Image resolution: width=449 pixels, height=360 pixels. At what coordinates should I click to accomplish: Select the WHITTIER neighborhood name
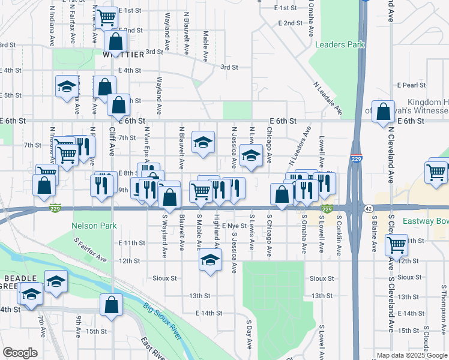pos(123,55)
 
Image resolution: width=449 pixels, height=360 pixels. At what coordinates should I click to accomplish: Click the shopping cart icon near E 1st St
pos(107,18)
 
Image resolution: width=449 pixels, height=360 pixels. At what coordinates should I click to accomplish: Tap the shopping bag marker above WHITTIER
pos(116,42)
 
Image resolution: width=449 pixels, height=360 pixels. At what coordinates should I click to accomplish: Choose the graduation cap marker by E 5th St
pos(67,86)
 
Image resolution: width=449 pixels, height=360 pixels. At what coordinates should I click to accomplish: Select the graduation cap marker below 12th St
pos(210,261)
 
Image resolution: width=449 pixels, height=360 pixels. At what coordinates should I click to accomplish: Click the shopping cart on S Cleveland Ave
pos(396,244)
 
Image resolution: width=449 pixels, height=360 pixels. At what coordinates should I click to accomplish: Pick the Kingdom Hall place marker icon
pos(383,112)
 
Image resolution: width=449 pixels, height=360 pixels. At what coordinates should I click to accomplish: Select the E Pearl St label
pos(411,85)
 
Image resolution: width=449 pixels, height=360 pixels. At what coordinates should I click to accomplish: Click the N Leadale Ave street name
pos(328,98)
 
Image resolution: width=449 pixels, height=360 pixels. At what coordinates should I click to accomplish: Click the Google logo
pos(20,352)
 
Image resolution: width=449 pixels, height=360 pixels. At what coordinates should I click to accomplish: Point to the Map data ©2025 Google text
pos(411,355)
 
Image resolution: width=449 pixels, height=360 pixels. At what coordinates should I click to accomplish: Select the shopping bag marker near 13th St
pos(112,305)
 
